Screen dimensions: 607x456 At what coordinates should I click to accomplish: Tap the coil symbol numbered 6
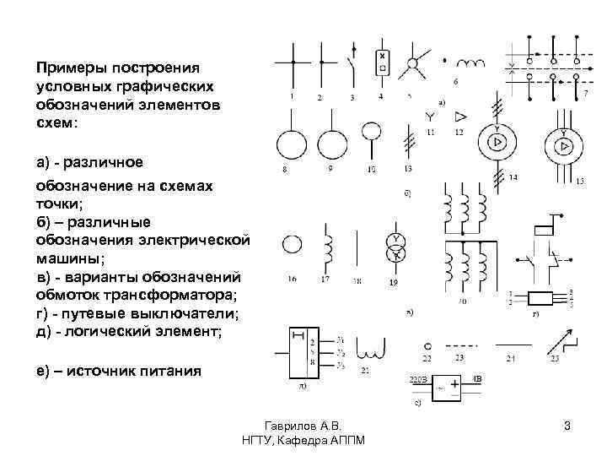click(469, 64)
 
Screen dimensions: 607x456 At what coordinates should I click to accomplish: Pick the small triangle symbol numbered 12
click(460, 117)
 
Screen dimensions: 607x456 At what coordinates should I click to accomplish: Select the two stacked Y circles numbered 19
click(394, 245)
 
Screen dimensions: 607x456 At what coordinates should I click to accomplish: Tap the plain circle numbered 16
click(292, 246)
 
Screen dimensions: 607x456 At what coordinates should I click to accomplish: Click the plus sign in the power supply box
click(456, 385)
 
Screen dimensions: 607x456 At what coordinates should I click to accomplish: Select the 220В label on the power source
click(419, 379)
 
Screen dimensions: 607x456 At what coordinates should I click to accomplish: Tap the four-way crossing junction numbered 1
click(293, 63)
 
